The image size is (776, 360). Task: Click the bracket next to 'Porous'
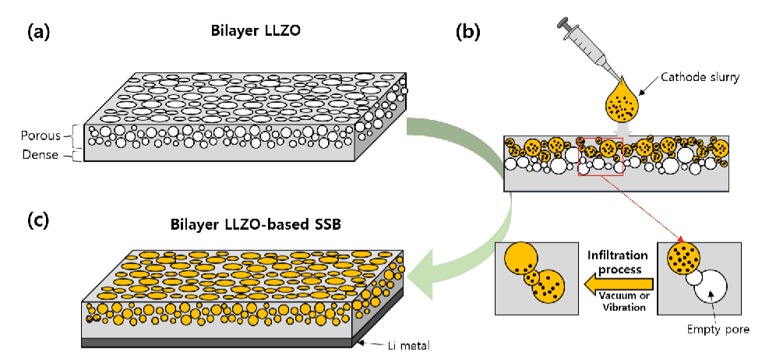coord(72,136)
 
